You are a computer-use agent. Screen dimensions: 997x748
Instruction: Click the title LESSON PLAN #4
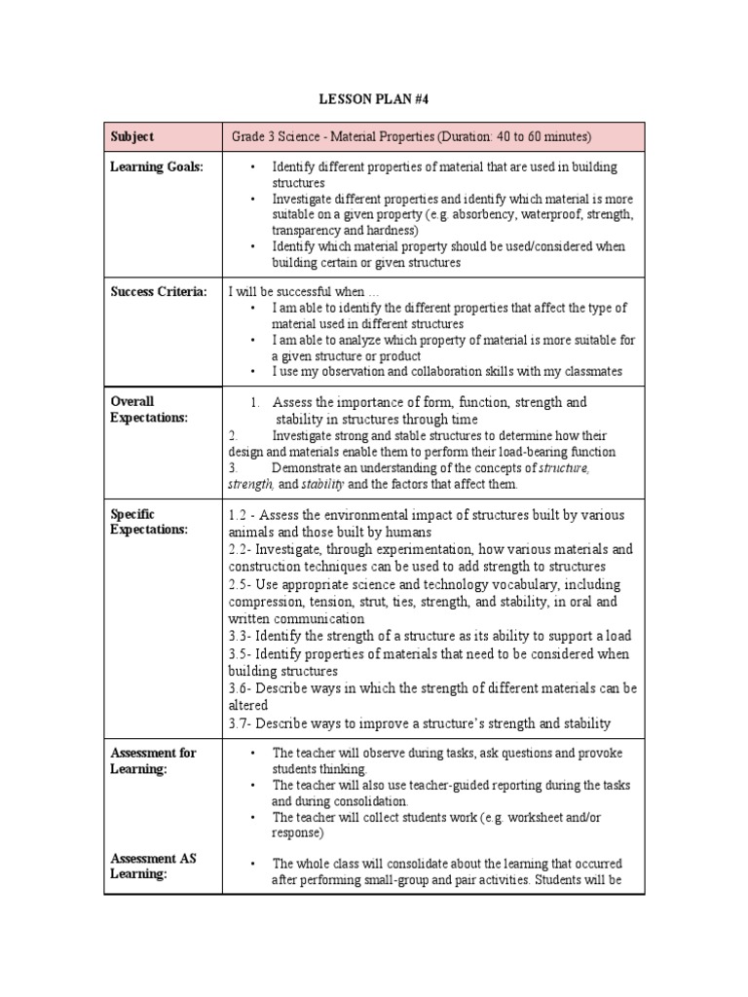pyautogui.click(x=373, y=99)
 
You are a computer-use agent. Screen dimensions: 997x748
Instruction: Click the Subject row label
pyautogui.click(x=132, y=137)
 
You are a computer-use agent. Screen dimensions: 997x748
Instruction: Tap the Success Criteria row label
pyautogui.click(x=159, y=291)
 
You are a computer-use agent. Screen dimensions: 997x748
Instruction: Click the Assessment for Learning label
pyautogui.click(x=153, y=760)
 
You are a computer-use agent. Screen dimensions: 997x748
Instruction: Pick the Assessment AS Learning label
pyautogui.click(x=153, y=866)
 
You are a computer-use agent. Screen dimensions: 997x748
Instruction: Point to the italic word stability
pyautogui.click(x=322, y=484)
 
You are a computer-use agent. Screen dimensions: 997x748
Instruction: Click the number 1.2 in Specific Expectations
pyautogui.click(x=240, y=514)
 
